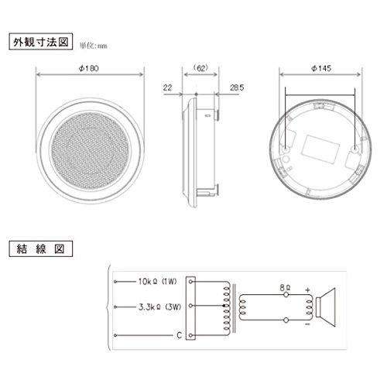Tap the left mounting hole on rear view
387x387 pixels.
[286, 147]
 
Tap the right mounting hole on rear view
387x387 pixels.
[355, 147]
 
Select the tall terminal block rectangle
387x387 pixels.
[198, 307]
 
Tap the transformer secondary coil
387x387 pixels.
[241, 308]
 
